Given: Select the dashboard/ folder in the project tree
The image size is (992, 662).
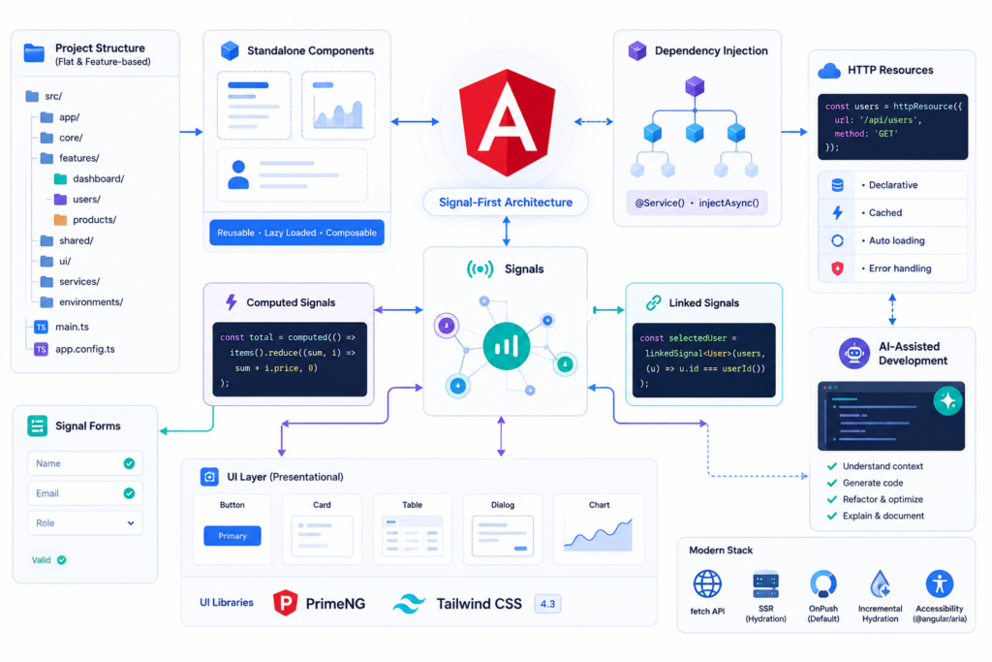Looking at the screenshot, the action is pyautogui.click(x=89, y=178).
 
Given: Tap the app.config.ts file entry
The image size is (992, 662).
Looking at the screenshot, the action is pyautogui.click(x=75, y=349).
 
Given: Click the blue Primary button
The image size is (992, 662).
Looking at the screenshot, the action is pyautogui.click(x=232, y=535).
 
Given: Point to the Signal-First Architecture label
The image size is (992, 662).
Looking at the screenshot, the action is pyautogui.click(x=506, y=203).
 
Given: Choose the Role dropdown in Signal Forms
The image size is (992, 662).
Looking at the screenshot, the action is pyautogui.click(x=85, y=522).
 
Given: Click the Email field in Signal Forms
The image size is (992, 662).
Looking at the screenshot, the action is pyautogui.click(x=85, y=493).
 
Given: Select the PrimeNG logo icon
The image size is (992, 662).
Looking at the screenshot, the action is pyautogui.click(x=286, y=603).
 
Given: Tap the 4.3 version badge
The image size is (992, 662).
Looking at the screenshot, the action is pyautogui.click(x=547, y=604).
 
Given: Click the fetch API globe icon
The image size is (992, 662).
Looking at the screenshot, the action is pyautogui.click(x=707, y=583).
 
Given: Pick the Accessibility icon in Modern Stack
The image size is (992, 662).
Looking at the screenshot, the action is pyautogui.click(x=940, y=583).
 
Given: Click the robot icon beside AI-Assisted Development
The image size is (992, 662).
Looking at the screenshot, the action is pyautogui.click(x=854, y=353).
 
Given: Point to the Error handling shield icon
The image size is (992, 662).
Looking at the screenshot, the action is pyautogui.click(x=838, y=268).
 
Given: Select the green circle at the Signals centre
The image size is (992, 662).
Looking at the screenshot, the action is pyautogui.click(x=506, y=346).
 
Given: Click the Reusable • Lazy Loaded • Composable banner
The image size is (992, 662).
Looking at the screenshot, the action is pyautogui.click(x=296, y=233).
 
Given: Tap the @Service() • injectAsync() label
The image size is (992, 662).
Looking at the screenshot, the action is pyautogui.click(x=697, y=203).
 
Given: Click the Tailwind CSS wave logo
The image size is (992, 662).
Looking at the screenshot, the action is pyautogui.click(x=410, y=604).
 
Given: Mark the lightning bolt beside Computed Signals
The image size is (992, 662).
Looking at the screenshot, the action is pyautogui.click(x=232, y=301).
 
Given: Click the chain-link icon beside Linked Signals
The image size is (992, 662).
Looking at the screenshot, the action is pyautogui.click(x=654, y=302).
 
